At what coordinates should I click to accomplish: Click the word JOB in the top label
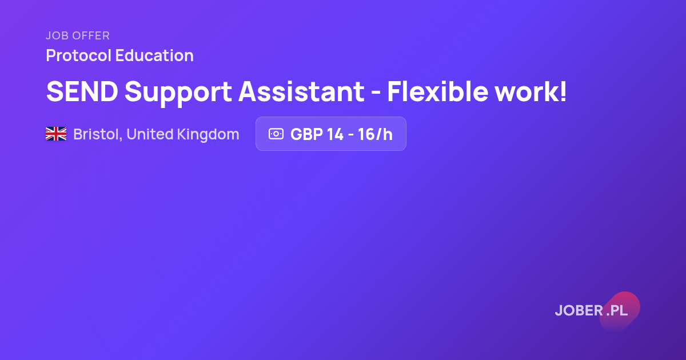(57, 36)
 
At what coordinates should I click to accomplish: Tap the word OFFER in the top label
(91, 36)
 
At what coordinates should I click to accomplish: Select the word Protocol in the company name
(79, 55)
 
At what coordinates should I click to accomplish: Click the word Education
(154, 55)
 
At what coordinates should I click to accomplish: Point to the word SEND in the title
(82, 91)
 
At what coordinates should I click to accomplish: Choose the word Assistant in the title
(302, 91)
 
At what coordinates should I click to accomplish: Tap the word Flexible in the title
(438, 91)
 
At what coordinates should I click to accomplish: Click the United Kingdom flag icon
(56, 134)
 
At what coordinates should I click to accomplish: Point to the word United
(150, 134)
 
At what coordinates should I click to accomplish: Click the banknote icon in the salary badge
(276, 134)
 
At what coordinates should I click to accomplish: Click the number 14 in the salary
(335, 134)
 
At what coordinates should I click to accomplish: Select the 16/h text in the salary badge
(375, 134)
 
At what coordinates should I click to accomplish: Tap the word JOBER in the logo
(579, 310)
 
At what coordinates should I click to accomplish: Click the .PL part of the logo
(617, 311)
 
